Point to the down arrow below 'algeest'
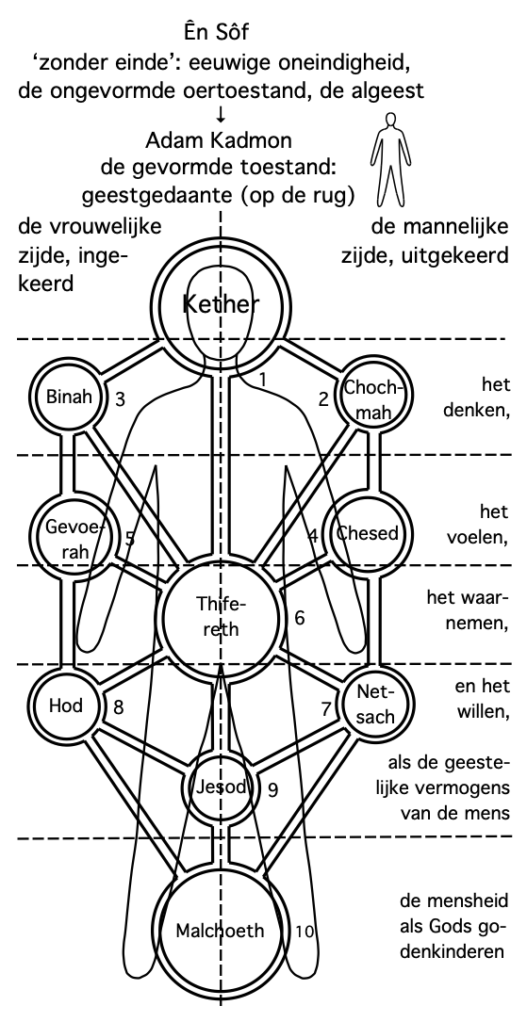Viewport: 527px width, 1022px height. click(222, 115)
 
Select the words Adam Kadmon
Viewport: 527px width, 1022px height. click(219, 140)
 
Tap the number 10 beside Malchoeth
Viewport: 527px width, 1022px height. click(304, 932)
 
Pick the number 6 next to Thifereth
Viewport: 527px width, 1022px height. click(300, 617)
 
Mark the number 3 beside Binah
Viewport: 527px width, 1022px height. click(120, 399)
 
